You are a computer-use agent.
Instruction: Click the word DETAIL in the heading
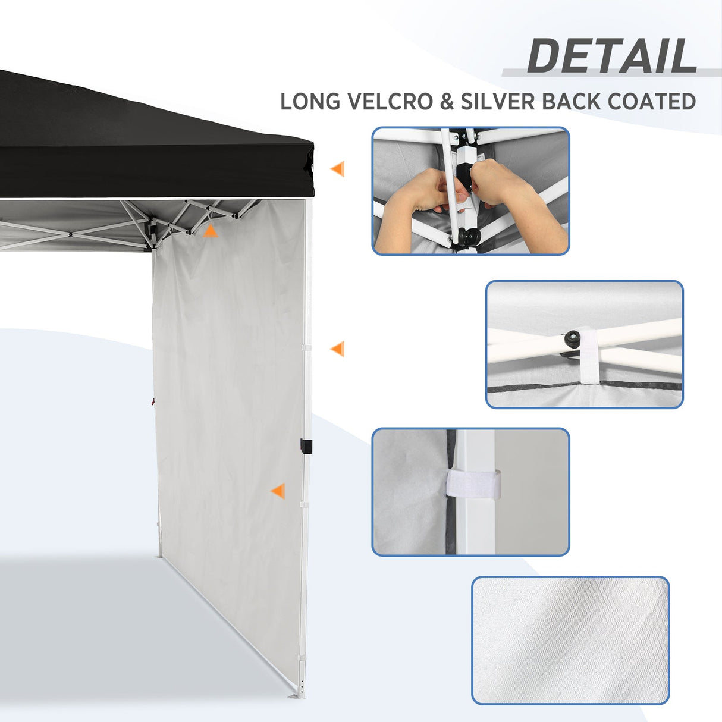(x=611, y=56)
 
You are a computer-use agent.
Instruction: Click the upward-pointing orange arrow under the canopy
(x=210, y=231)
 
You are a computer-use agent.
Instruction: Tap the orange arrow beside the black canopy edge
(x=337, y=169)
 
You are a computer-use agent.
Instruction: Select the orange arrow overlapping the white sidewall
(x=277, y=491)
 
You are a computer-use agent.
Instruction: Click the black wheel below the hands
(x=466, y=238)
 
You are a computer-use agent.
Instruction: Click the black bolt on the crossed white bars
(x=573, y=339)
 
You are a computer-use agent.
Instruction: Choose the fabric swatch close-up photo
(x=570, y=640)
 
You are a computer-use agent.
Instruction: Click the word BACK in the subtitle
(x=571, y=101)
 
